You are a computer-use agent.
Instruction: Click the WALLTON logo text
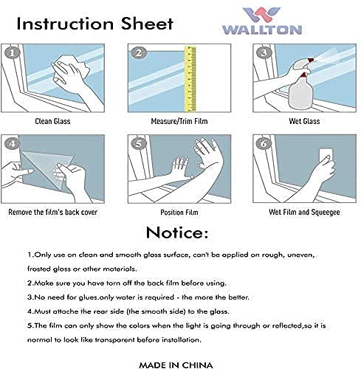pos(262,30)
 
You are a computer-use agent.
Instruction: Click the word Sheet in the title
pos(147,24)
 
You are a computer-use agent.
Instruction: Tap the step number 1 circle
pos(12,53)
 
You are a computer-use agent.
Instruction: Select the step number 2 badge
pos(139,53)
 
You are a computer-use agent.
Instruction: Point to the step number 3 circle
pos(264,53)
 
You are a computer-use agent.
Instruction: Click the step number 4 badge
pos(12,143)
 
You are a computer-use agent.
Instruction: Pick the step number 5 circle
pos(139,143)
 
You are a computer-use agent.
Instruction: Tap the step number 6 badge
pos(264,143)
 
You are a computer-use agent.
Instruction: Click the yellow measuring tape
pos(190,78)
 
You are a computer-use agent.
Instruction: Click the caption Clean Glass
pos(52,121)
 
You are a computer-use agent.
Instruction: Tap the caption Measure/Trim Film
pos(179,121)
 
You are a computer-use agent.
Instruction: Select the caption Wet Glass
pos(304,121)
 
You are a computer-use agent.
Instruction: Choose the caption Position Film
pos(179,213)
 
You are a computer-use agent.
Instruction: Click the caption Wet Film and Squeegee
pos(304,213)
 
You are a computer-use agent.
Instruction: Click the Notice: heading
pos(177,232)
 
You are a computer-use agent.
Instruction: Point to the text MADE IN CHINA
pos(176,365)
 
